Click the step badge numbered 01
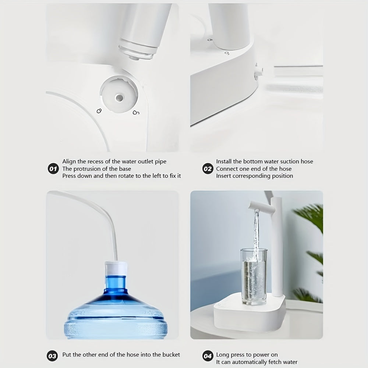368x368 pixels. tap(53, 169)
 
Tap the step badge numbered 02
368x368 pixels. tap(208, 169)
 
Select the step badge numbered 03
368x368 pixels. tap(53, 356)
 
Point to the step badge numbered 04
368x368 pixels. tap(208, 356)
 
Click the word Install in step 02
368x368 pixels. tap(224, 162)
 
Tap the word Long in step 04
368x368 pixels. tap(223, 355)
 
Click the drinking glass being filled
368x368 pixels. tap(254, 276)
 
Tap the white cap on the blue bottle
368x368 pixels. tap(116, 269)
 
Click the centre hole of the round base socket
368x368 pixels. tap(119, 98)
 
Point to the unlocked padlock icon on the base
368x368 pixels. tap(136, 112)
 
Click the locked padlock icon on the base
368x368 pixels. tap(99, 110)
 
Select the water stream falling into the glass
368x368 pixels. tap(255, 232)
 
